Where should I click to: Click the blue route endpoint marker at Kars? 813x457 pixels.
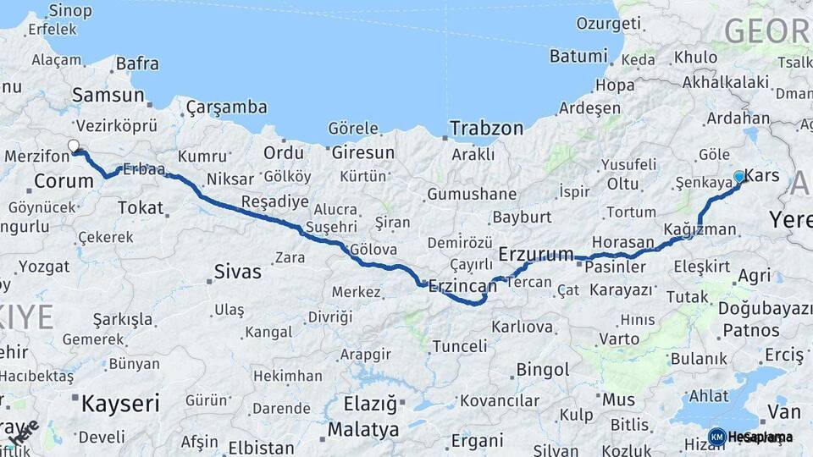(739, 176)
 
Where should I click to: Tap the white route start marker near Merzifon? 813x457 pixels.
(73, 146)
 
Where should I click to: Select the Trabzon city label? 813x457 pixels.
(486, 129)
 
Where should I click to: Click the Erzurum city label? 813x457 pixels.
(536, 254)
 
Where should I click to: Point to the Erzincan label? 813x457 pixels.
(462, 286)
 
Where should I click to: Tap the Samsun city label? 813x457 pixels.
(108, 96)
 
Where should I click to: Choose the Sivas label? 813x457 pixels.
(237, 273)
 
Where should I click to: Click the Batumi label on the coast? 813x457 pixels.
(578, 57)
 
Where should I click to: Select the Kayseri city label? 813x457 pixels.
(120, 404)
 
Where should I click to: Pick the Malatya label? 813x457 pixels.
(362, 429)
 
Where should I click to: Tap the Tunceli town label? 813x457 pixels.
(460, 346)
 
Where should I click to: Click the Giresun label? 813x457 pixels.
(362, 153)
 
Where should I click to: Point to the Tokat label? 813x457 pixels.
(141, 207)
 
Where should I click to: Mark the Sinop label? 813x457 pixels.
(70, 11)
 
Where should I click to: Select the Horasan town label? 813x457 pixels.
(623, 242)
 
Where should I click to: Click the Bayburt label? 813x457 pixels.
(522, 217)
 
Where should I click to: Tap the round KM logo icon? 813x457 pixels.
(716, 437)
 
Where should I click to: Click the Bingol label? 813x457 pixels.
(542, 370)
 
